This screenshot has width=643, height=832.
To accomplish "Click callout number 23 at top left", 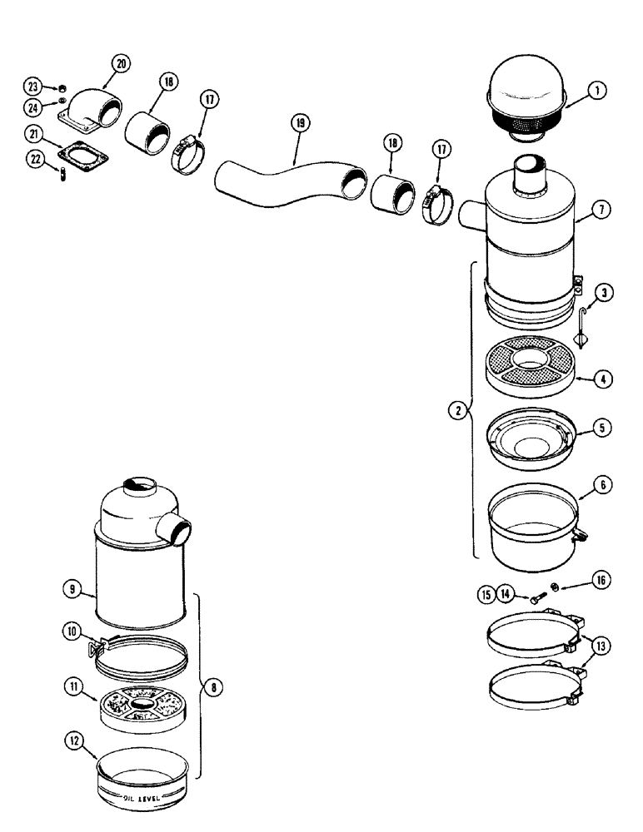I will click(x=32, y=87).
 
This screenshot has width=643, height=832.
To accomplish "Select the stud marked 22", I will click(x=63, y=173).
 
